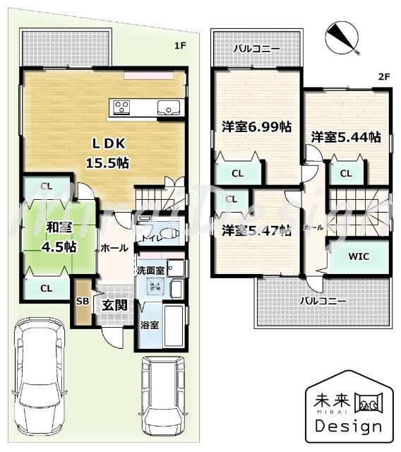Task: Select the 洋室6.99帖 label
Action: [x=256, y=127]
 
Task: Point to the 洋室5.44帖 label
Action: [x=346, y=136]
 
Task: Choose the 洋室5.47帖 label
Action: [x=256, y=230]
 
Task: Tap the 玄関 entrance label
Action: [x=113, y=305]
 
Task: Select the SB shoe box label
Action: [x=82, y=301]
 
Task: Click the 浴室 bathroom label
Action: [x=149, y=325]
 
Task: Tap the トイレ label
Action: [x=150, y=239]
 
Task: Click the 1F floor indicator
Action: [x=180, y=46]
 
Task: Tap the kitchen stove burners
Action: [x=121, y=107]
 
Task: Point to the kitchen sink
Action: [x=169, y=107]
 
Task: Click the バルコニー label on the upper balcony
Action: [x=257, y=49]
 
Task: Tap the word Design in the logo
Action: [x=348, y=426]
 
